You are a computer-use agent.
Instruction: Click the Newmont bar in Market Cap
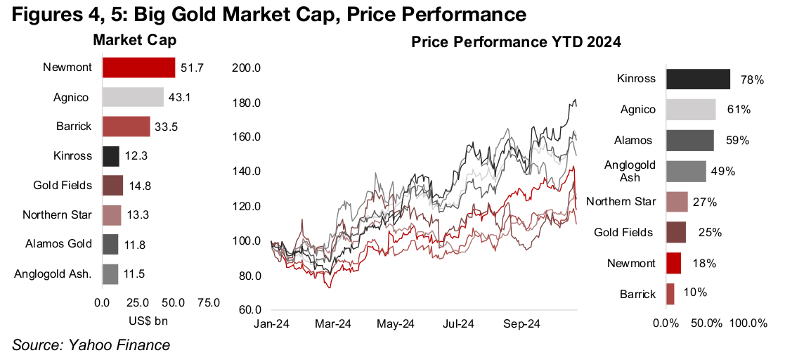[138, 67]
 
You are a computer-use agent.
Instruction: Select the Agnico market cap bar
[133, 97]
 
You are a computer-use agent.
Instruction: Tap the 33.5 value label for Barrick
[165, 127]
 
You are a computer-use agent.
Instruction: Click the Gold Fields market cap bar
[112, 186]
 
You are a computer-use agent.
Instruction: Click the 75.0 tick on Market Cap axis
[207, 303]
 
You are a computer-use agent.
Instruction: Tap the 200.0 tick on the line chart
[247, 68]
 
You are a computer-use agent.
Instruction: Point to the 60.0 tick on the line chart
[249, 310]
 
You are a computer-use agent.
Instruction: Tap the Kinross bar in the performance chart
[698, 79]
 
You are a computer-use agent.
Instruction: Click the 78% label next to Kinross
[752, 80]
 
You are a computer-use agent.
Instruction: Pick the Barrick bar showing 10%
[670, 293]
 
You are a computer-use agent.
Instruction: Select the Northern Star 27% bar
[677, 202]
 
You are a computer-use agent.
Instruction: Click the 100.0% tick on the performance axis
[749, 323]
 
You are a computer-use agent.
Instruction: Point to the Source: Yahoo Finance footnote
[91, 345]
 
